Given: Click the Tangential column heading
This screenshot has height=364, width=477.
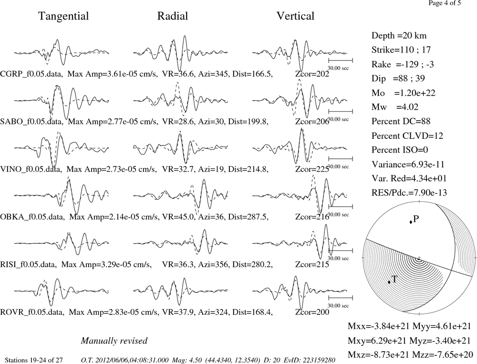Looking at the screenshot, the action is click(x=63, y=16).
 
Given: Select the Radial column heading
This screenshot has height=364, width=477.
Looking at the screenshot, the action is click(x=173, y=16).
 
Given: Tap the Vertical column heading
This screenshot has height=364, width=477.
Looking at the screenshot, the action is click(x=295, y=16).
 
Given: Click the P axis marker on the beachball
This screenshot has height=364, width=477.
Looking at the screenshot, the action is click(x=411, y=222).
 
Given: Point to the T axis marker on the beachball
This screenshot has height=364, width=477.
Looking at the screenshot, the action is click(x=389, y=282).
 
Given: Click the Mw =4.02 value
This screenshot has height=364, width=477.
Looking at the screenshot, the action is click(x=395, y=107).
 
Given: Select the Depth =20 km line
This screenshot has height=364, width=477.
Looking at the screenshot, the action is click(x=399, y=36).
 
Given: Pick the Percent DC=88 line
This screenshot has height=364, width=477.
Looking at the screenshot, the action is click(x=401, y=122).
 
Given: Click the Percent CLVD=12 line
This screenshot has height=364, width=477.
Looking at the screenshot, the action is click(x=407, y=136).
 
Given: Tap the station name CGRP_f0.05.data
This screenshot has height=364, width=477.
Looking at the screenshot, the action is click(x=31, y=74).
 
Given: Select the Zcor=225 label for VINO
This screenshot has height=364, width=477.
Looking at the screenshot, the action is click(x=312, y=169).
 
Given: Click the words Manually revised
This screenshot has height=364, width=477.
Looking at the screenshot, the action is click(x=114, y=341).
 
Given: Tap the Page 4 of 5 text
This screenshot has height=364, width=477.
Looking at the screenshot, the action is click(x=445, y=3).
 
